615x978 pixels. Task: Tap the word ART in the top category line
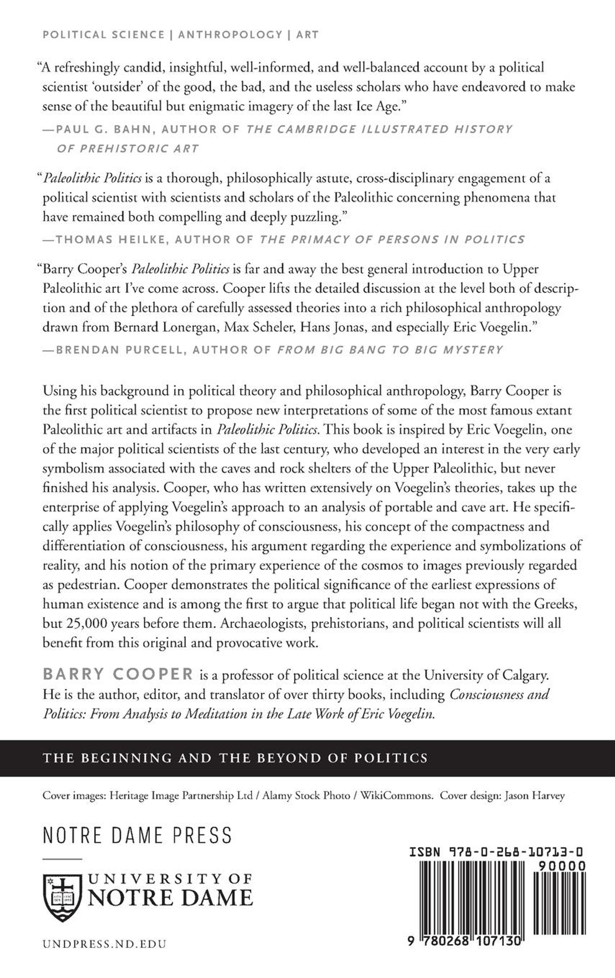(x=307, y=35)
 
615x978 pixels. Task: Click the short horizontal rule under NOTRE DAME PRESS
(x=63, y=859)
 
